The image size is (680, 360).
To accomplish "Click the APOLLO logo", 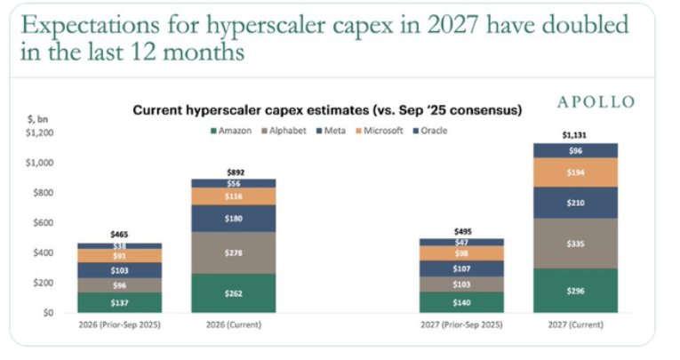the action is click(x=596, y=102).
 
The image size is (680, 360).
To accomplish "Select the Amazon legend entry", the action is click(x=231, y=131).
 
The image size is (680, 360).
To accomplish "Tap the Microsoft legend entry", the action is click(x=379, y=131).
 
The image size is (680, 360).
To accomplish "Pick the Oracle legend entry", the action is click(x=429, y=131).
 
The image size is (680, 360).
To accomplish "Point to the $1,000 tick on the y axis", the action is click(x=39, y=163).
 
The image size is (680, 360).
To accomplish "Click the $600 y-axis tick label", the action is click(x=43, y=223).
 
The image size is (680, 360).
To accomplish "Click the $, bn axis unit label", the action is click(x=37, y=119).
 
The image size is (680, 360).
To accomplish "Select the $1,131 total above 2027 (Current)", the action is click(x=574, y=135).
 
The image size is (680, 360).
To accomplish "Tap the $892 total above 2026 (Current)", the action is click(x=236, y=172).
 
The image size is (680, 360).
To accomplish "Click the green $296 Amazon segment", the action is click(x=575, y=291).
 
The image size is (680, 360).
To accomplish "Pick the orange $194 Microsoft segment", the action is click(x=575, y=172).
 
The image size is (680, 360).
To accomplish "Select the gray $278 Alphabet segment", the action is click(x=233, y=252).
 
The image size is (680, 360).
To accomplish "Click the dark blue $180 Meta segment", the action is click(x=233, y=219).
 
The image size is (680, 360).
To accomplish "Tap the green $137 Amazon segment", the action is click(x=120, y=302).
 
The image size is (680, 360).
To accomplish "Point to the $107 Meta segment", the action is click(x=461, y=269).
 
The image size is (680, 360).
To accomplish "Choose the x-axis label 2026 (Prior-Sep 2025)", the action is click(x=120, y=324).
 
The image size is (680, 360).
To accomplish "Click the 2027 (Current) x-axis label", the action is click(x=575, y=324).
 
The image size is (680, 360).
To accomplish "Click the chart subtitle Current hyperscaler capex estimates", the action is click(x=251, y=110).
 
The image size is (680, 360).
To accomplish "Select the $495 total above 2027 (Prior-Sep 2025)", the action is click(x=463, y=232).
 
